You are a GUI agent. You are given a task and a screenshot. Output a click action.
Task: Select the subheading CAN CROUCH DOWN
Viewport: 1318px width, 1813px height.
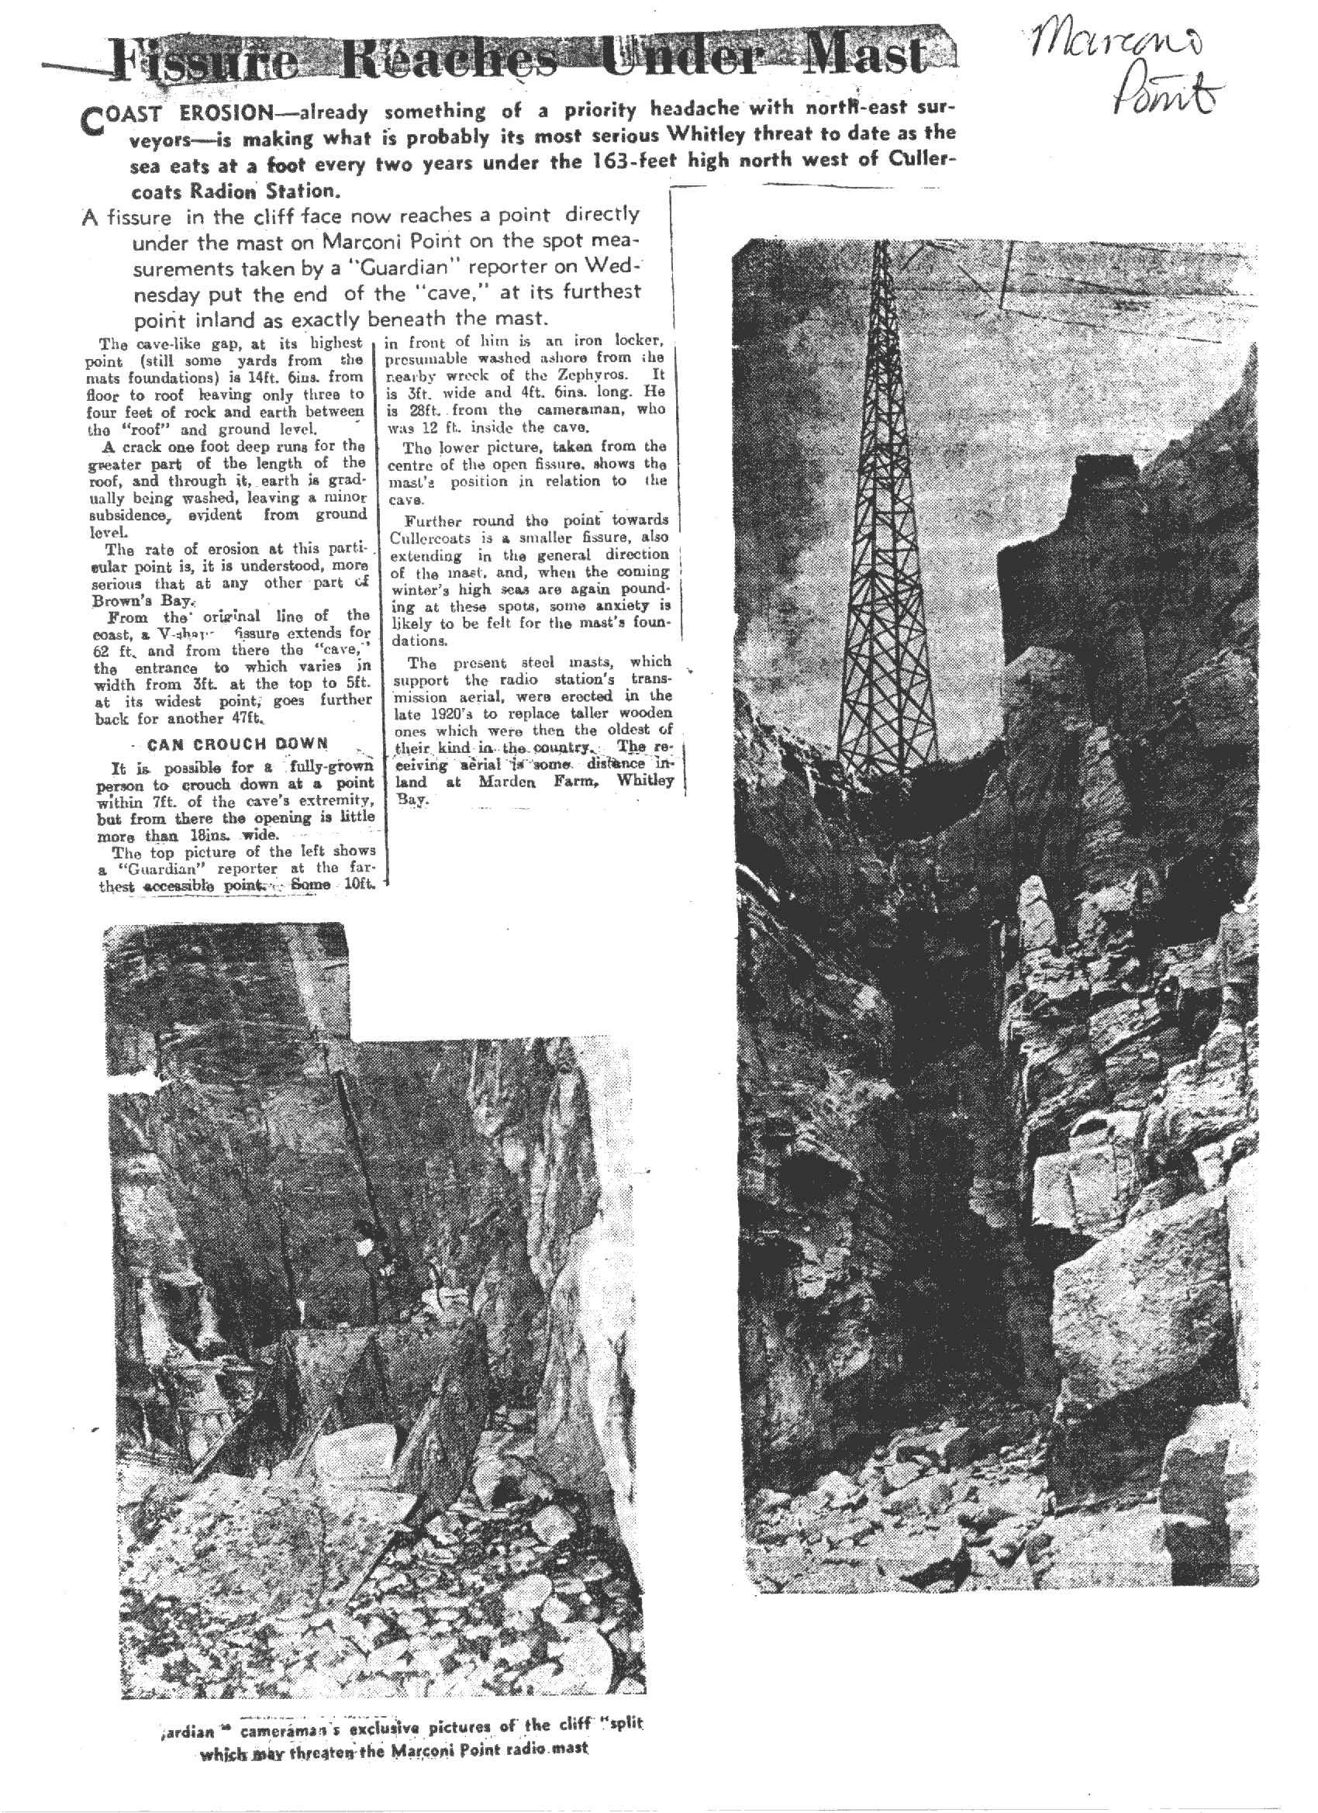[x=238, y=744]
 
